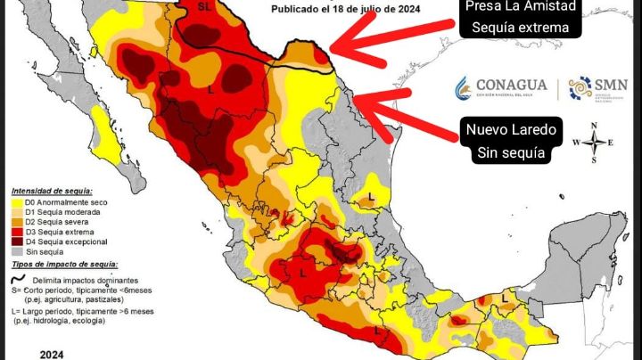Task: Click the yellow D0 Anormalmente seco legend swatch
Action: [x=17, y=203]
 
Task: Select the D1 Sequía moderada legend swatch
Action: [x=17, y=213]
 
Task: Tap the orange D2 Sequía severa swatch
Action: [x=17, y=223]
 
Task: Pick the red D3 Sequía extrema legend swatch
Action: [x=17, y=233]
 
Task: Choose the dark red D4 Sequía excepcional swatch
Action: [x=17, y=242]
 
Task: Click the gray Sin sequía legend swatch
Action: [x=17, y=252]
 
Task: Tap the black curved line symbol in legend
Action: [x=21, y=277]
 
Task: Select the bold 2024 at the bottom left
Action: [x=51, y=353]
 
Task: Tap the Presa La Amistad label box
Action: [x=521, y=19]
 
